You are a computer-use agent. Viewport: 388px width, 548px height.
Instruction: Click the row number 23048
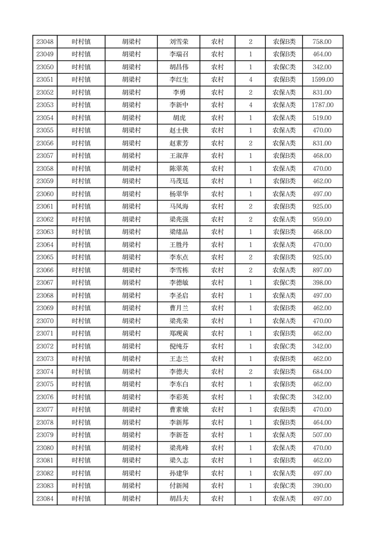coord(45,42)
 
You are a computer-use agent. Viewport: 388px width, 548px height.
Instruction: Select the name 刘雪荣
coord(178,42)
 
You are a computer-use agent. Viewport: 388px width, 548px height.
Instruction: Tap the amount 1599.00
coord(323,80)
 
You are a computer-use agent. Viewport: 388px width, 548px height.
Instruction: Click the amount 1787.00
coord(323,105)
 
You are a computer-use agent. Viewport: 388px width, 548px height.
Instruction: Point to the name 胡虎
coord(178,118)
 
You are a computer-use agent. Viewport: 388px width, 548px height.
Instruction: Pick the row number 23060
coord(45,194)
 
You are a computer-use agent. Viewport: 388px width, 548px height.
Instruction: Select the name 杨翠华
coord(178,194)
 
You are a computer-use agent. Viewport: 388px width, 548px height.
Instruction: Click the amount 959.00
coord(323,219)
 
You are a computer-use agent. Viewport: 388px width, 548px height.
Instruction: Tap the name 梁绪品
coord(178,232)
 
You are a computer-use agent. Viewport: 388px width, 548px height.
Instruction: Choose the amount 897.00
coord(323,270)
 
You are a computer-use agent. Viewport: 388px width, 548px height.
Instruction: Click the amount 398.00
coord(323,283)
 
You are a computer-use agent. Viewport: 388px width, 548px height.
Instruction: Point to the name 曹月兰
coord(178,308)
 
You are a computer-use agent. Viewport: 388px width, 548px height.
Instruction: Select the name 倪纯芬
coord(178,346)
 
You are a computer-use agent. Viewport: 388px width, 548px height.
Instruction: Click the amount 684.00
coord(323,372)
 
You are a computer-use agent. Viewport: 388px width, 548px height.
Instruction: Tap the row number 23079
coord(45,435)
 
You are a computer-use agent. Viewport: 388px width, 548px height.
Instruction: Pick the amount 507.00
coord(323,435)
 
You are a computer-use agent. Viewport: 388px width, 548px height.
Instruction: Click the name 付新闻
coord(178,486)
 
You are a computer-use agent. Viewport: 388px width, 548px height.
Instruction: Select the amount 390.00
coord(323,486)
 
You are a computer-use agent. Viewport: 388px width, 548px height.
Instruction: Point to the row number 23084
coord(45,499)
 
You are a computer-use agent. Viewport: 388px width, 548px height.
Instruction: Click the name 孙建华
coord(178,473)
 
